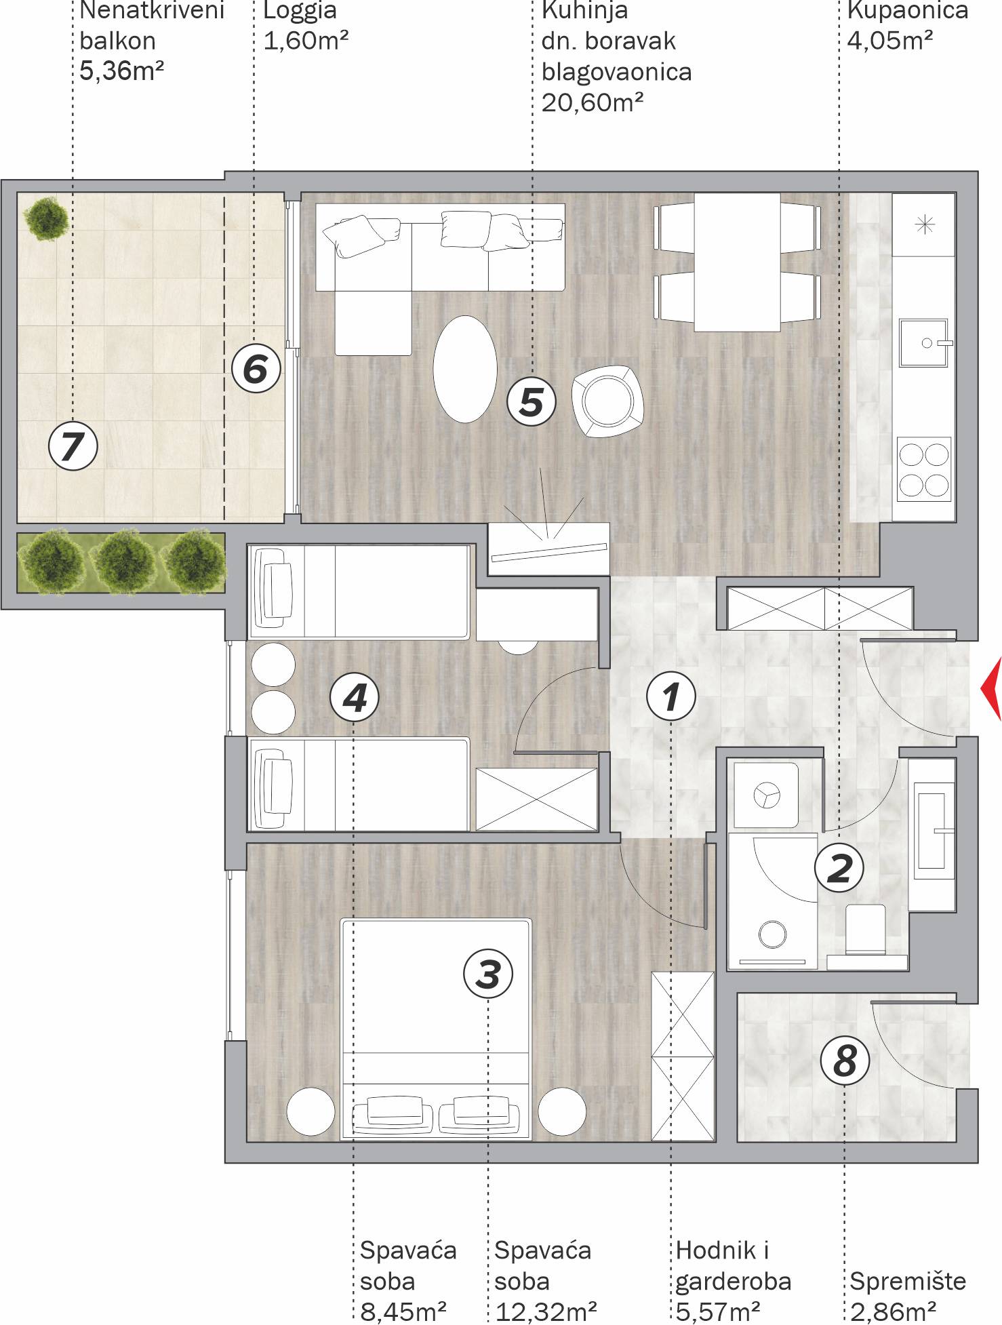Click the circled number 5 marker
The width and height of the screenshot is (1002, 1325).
532,401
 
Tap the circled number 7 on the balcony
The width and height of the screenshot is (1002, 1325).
73,446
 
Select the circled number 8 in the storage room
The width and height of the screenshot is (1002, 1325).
845,1061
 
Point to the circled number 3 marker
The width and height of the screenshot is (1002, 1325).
488,974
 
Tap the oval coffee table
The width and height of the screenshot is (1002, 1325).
465,369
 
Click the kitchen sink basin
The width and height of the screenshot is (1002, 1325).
923,342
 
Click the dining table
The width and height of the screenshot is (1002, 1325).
737,262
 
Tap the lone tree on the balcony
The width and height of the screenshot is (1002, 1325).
46,218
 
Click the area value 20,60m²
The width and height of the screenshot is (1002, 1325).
593,102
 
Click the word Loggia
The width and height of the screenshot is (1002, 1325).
300,10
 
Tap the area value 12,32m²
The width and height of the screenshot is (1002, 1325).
546,1311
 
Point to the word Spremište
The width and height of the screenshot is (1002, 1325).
908,1281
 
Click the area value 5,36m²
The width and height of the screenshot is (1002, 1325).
122,71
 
